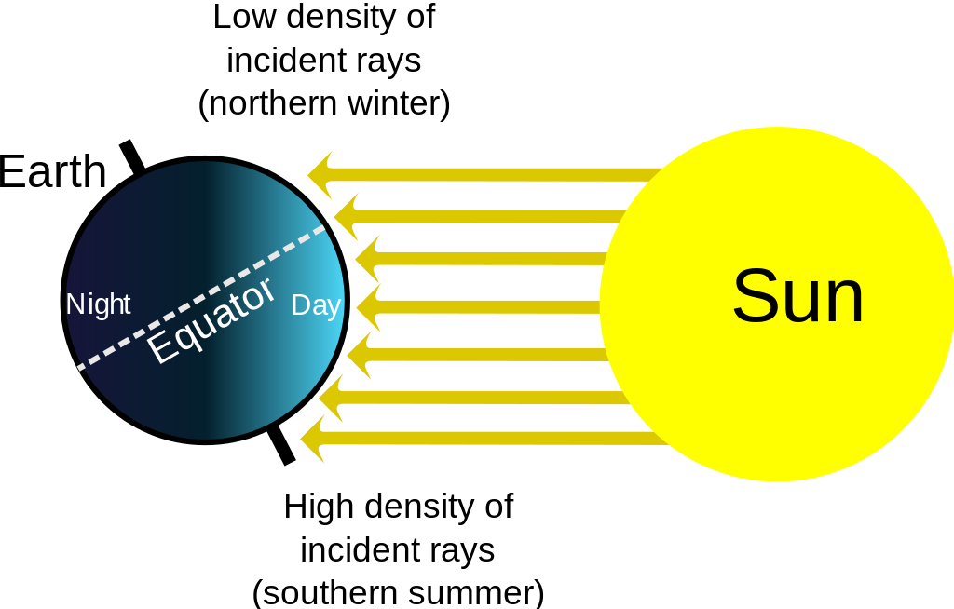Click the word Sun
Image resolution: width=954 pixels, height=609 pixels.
(798, 296)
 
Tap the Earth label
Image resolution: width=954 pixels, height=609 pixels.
(52, 171)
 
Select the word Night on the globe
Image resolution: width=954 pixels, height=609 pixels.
(98, 304)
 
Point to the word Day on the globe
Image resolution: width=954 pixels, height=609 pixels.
(316, 305)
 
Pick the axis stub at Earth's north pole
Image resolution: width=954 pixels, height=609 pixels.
(132, 157)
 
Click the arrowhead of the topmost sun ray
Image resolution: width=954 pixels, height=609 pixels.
(320, 175)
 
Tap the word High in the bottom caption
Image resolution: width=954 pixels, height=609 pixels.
(319, 507)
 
